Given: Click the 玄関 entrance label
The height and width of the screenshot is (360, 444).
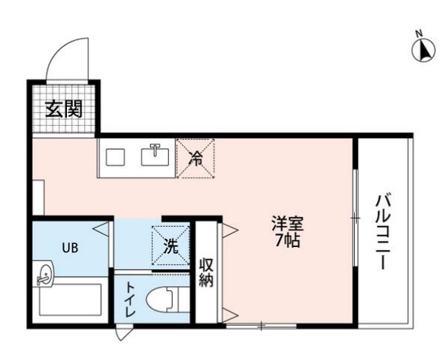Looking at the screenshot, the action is pyautogui.click(x=64, y=109).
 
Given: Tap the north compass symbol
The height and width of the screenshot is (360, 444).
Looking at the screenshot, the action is pyautogui.click(x=424, y=50).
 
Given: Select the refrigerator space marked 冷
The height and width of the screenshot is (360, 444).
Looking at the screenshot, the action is pyautogui.click(x=196, y=158).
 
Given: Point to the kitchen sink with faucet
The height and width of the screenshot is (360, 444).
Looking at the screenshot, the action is pyautogui.click(x=155, y=155).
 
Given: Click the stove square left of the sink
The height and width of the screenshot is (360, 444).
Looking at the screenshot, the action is pyautogui.click(x=115, y=157).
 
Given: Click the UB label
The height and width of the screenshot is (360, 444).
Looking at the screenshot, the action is pyautogui.click(x=70, y=248).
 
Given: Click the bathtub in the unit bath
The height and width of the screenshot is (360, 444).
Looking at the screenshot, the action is pyautogui.click(x=70, y=300).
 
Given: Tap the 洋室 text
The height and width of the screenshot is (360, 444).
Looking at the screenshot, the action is pyautogui.click(x=288, y=224).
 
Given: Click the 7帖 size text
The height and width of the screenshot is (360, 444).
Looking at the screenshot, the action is pyautogui.click(x=288, y=240).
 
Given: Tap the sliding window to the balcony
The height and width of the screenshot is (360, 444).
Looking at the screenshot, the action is pyautogui.click(x=355, y=218).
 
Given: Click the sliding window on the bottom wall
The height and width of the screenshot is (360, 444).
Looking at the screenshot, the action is pyautogui.click(x=261, y=326).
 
